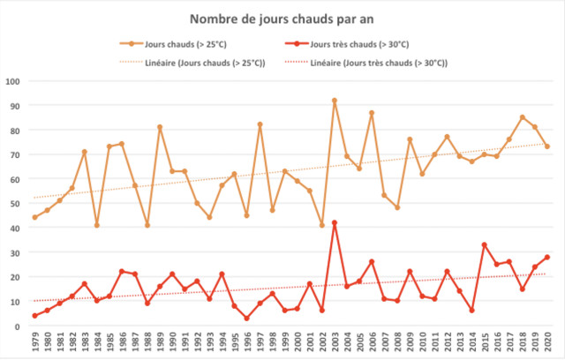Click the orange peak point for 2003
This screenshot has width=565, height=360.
tap(335, 101)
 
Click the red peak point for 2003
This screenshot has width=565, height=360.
tap(335, 222)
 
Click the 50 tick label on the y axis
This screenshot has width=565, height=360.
tap(15, 204)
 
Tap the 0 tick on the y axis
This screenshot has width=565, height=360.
tap(18, 326)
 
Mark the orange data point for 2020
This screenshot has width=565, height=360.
tap(547, 146)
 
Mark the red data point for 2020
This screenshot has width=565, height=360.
tap(547, 257)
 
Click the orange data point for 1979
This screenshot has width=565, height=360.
tap(35, 217)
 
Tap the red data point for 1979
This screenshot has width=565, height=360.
tap(35, 315)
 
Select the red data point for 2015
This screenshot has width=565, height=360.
tap(485, 244)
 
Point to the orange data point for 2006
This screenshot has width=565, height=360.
tap(373, 113)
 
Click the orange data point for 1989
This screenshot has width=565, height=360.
tap(160, 127)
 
